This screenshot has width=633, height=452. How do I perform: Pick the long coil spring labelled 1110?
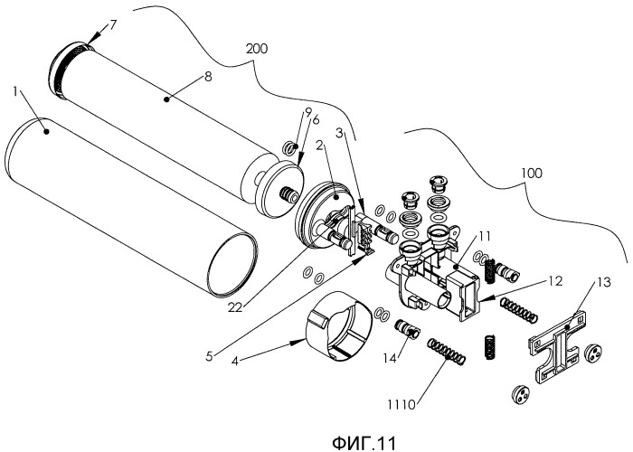click(447, 351)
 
